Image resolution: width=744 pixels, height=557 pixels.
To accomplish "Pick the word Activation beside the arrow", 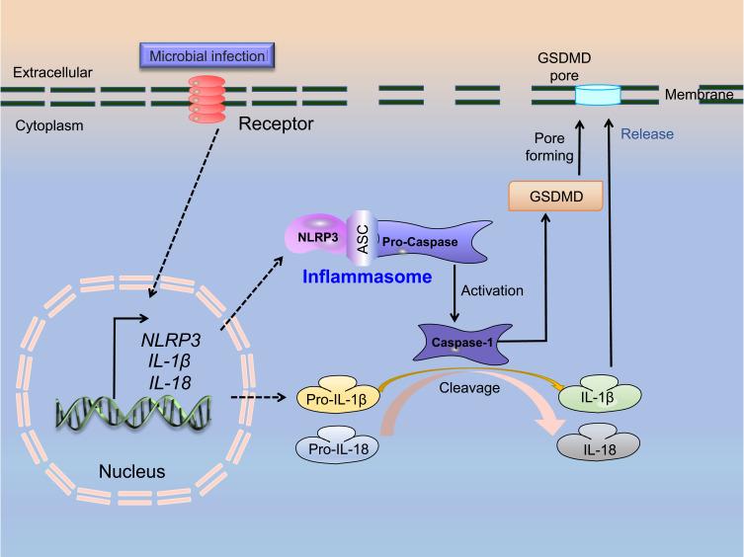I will coord(491,291).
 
